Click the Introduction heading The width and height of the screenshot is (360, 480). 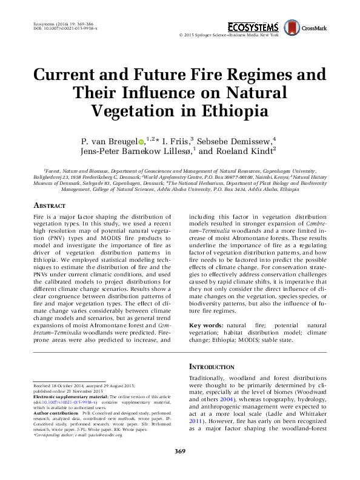coord(212,367)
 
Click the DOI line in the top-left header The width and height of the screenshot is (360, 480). coord(63,28)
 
